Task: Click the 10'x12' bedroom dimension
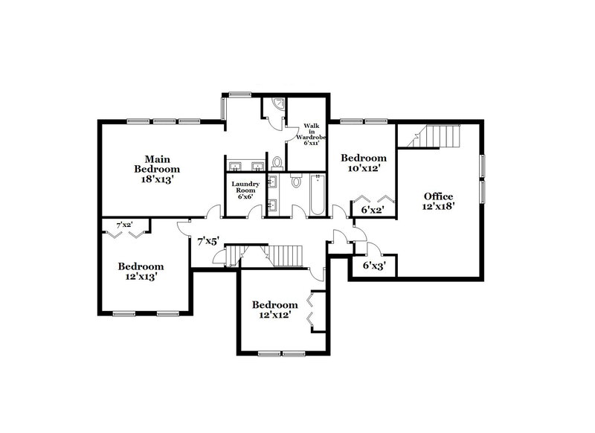click(363, 170)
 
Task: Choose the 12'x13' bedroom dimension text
click(140, 276)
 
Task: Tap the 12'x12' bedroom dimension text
click(274, 315)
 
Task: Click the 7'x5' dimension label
click(208, 240)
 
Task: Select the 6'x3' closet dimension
click(374, 265)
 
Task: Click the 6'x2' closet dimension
click(373, 211)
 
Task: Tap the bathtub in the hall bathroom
click(317, 195)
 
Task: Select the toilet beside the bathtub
click(295, 182)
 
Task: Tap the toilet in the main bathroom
click(277, 161)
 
